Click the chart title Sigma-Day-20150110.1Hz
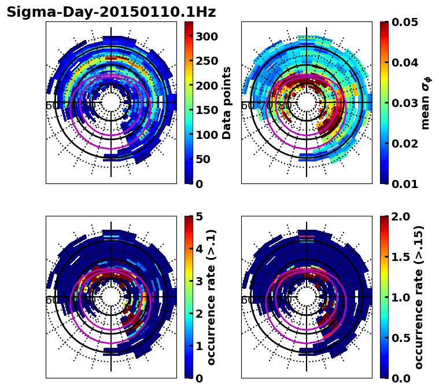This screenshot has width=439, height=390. pos(111,12)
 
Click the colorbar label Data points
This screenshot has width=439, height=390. pos(227,102)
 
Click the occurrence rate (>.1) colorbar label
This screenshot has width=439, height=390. pos(211,297)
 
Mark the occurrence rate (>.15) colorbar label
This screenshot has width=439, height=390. pos(419,297)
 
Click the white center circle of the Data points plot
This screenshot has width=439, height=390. pos(111,102)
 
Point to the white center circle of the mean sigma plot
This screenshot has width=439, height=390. pos(307,102)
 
